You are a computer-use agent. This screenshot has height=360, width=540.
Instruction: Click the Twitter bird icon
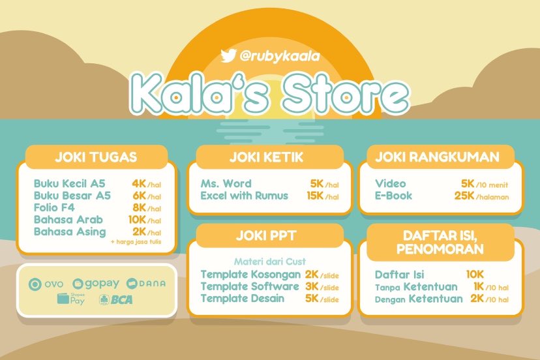[x=228, y=56]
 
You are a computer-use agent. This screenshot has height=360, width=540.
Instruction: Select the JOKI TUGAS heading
[x=96, y=157]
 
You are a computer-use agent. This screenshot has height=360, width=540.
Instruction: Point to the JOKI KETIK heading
[x=266, y=157]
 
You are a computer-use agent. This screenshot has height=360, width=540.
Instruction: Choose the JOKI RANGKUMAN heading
[x=437, y=157]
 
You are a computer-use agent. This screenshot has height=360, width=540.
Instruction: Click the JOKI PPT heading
[x=266, y=235]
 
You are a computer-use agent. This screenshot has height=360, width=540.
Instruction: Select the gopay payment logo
[x=96, y=284]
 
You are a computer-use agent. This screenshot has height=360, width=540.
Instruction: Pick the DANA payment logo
[x=146, y=284]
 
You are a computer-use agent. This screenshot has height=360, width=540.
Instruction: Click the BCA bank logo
[x=117, y=301]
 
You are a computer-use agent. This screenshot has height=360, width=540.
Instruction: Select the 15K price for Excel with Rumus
[x=315, y=196]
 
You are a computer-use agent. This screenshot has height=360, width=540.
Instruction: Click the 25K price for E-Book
[x=464, y=196]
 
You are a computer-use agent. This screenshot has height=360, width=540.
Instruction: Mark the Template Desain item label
[x=242, y=299]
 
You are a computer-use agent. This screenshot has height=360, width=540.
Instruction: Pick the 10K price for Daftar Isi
[x=474, y=275]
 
